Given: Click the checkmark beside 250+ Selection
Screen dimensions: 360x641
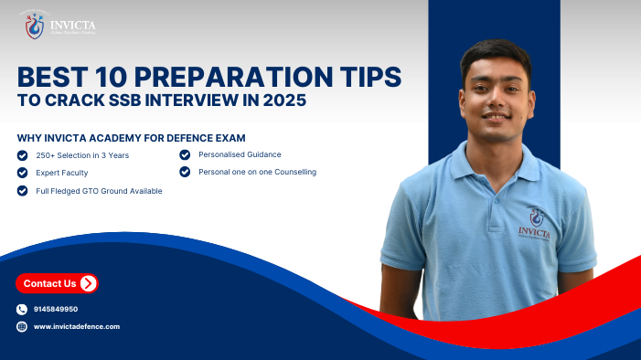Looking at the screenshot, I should click(x=22, y=154).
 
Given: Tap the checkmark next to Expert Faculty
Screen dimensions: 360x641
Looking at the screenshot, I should click(x=22, y=172).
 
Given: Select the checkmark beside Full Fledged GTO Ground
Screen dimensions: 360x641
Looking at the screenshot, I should click(x=22, y=190).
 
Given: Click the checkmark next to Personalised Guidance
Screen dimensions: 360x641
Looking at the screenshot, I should click(x=185, y=154).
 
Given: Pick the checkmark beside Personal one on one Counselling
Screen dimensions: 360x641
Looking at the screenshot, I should click(x=185, y=172).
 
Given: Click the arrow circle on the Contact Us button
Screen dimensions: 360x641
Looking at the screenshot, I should click(x=88, y=283).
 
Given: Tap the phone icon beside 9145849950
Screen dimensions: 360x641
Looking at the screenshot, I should click(x=22, y=309).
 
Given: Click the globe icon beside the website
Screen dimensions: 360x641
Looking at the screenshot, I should click(x=22, y=326).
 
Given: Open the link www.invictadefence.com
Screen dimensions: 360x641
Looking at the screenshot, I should click(x=77, y=326).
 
